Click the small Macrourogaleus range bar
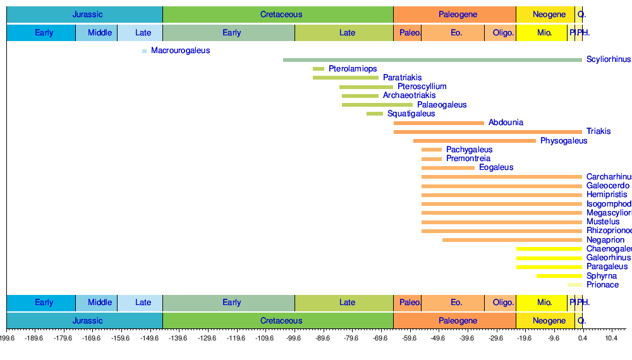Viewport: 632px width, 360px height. pos(144,51)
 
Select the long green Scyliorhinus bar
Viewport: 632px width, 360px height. pos(432,60)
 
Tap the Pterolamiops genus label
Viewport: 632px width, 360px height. pos(353,69)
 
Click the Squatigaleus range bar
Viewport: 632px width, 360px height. pos(375,114)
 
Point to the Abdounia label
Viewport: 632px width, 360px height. pos(506,123)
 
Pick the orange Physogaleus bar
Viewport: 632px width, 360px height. pos(474,141)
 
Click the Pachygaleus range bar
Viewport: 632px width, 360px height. pos(432,150)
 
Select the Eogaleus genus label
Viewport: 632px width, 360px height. pos(496,167)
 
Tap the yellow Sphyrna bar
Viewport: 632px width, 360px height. pos(559,276)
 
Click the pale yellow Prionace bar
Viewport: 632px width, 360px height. pos(574,285)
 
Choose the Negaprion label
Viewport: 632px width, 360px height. pos(605,240)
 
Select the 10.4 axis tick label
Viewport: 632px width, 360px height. pos(611,339)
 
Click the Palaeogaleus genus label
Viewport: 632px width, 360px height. pos(442,105)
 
